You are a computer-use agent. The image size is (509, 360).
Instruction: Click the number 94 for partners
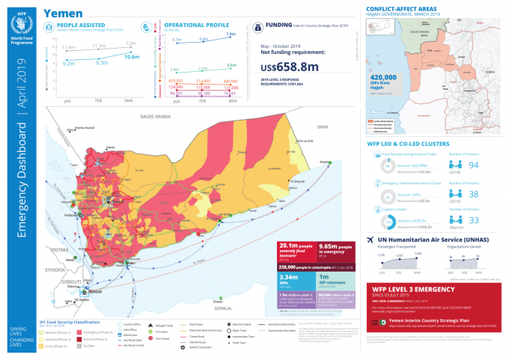(472, 165)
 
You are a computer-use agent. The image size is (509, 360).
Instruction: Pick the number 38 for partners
(472, 193)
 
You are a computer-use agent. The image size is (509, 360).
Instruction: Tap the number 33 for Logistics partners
(472, 220)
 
